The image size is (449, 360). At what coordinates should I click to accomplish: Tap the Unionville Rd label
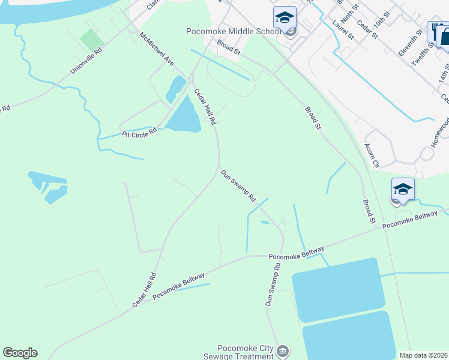(86, 61)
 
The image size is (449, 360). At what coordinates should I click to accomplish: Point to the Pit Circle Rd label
(139, 132)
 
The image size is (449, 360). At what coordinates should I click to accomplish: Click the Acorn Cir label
(372, 155)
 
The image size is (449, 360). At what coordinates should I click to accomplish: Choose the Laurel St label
(343, 30)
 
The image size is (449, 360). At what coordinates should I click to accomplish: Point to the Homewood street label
(441, 128)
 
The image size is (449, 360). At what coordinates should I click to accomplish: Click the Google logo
(20, 353)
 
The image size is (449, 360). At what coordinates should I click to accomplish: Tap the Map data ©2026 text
(423, 355)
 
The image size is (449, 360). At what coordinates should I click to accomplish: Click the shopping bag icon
(445, 35)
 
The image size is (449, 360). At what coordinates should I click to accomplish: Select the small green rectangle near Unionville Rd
(91, 40)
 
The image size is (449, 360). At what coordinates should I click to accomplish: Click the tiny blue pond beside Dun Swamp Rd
(265, 223)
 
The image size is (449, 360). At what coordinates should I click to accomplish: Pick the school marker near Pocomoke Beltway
(403, 190)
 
